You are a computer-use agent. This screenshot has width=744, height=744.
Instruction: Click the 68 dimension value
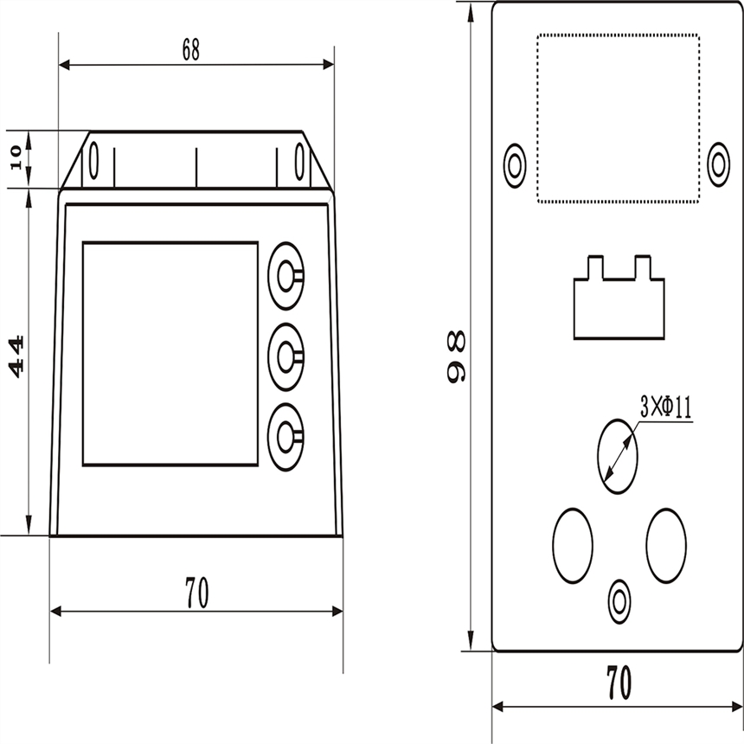click(191, 50)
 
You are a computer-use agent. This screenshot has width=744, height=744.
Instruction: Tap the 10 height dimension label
click(16, 157)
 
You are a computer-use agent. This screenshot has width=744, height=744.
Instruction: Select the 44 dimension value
click(16, 356)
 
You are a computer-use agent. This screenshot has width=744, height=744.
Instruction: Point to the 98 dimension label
click(456, 356)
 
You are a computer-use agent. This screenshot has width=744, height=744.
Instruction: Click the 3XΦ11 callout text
click(666, 407)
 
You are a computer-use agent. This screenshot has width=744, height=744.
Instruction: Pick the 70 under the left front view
click(196, 592)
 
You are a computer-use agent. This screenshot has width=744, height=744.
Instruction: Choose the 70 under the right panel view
click(619, 683)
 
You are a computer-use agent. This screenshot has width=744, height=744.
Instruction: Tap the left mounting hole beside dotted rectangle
click(515, 165)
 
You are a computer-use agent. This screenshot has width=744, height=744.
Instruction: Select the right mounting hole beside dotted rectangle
click(718, 164)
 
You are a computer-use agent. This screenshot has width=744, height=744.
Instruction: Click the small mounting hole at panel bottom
click(619, 602)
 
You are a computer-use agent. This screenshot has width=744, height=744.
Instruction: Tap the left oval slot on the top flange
click(94, 161)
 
